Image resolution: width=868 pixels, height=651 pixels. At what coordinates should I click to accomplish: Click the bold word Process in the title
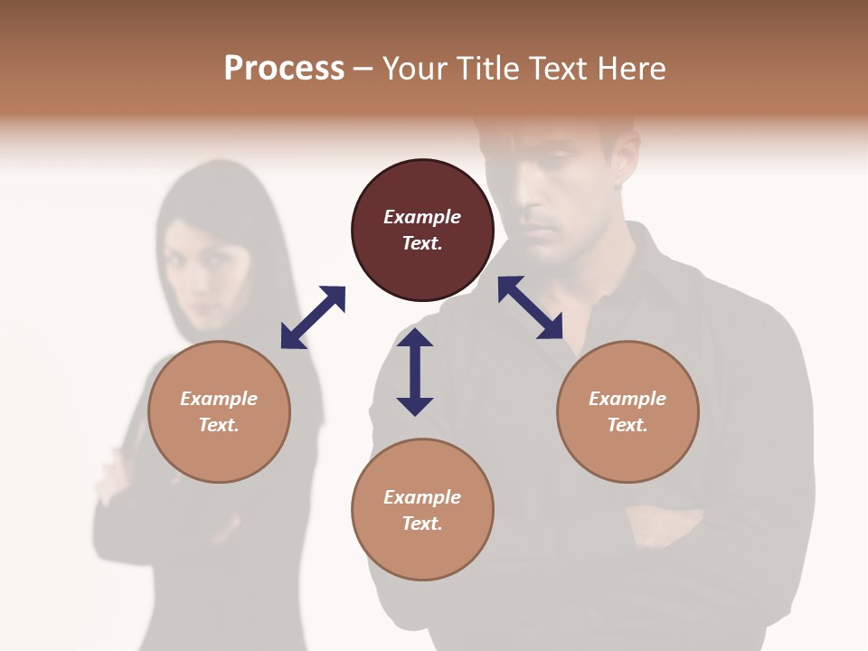(x=284, y=69)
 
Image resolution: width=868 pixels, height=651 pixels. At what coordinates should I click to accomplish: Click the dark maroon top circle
(x=422, y=231)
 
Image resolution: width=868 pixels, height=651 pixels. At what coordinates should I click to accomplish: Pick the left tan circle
(x=219, y=411)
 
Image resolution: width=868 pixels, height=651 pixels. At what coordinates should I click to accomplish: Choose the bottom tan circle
(x=422, y=509)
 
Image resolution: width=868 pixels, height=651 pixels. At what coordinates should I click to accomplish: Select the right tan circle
(x=627, y=411)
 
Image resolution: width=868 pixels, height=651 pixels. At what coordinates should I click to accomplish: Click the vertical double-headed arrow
(x=415, y=372)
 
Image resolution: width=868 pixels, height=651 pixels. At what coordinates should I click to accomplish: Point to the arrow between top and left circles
(x=313, y=317)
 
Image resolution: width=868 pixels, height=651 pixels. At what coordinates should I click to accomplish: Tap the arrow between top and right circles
(x=530, y=307)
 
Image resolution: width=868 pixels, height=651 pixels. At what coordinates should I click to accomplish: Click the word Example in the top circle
(x=422, y=217)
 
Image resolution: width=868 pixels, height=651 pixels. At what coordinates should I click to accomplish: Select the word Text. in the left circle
(x=219, y=425)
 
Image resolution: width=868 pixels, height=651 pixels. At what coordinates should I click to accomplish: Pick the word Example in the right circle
(x=627, y=399)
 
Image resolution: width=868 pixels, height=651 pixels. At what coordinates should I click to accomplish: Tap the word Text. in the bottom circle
(x=422, y=524)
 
